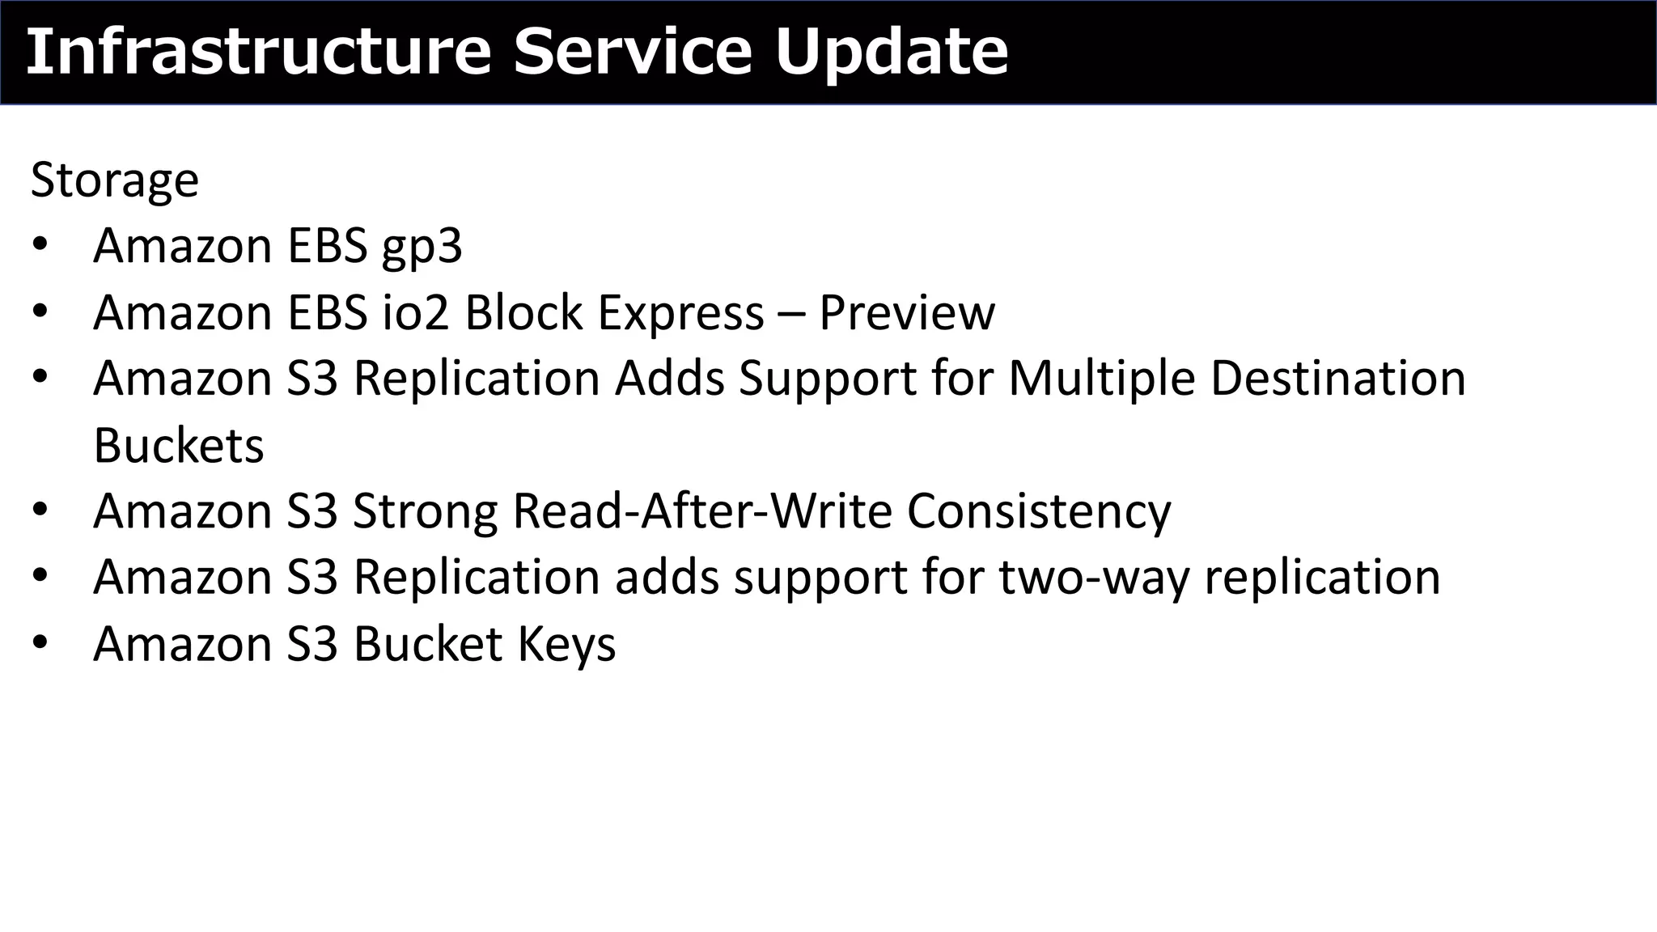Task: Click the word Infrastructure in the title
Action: [258, 52]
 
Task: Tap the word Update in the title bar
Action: [892, 52]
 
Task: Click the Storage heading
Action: [114, 180]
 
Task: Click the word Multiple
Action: [1101, 379]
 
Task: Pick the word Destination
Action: [1338, 379]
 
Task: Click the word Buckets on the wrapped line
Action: [178, 445]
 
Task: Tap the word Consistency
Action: [1038, 511]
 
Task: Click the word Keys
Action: [566, 644]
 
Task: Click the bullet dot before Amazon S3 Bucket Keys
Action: [40, 643]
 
